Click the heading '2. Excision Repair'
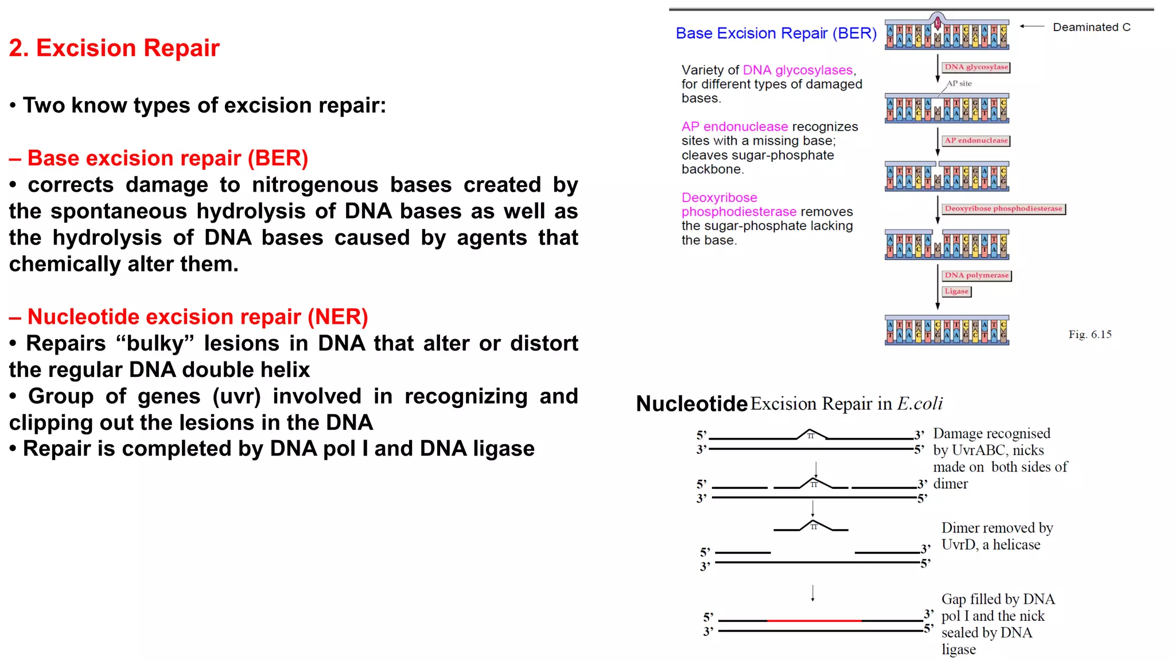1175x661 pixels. pyautogui.click(x=114, y=48)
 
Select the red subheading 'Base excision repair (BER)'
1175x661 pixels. pyautogui.click(x=168, y=158)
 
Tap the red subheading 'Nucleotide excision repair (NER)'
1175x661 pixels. pyautogui.click(x=197, y=317)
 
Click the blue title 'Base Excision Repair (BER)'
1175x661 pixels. pyautogui.click(x=776, y=33)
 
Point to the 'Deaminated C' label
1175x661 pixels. pyautogui.click(x=1091, y=27)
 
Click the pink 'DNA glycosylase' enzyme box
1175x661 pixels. pyautogui.click(x=976, y=67)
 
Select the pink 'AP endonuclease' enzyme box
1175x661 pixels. pyautogui.click(x=976, y=141)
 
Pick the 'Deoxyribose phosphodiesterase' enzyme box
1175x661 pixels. pyautogui.click(x=1003, y=209)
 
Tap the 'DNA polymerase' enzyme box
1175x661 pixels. pyautogui.click(x=976, y=275)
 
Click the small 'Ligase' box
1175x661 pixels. pyautogui.click(x=956, y=291)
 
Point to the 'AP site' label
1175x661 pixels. pyautogui.click(x=959, y=84)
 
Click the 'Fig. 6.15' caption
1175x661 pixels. pyautogui.click(x=1090, y=335)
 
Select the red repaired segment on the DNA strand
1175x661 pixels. pyautogui.click(x=814, y=620)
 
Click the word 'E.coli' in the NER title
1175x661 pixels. pyautogui.click(x=920, y=403)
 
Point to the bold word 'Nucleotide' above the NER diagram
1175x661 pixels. pyautogui.click(x=691, y=404)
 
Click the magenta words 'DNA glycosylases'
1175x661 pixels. pyautogui.click(x=797, y=70)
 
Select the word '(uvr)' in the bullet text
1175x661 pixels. pyautogui.click(x=236, y=396)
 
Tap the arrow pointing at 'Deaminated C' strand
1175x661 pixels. pyautogui.click(x=1032, y=26)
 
